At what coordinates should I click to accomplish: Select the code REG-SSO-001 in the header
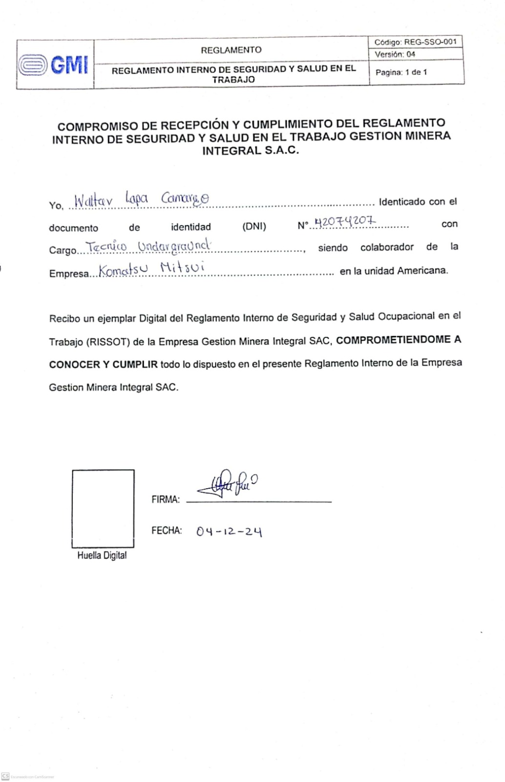pyautogui.click(x=430, y=42)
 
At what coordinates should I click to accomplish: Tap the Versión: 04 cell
pyautogui.click(x=395, y=54)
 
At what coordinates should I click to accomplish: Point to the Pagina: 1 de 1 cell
pyautogui.click(x=401, y=72)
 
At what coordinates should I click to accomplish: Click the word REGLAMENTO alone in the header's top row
pyautogui.click(x=231, y=50)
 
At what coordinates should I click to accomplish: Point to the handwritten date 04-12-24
pyautogui.click(x=229, y=531)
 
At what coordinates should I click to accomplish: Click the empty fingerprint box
pyautogui.click(x=103, y=508)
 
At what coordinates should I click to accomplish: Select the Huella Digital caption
pyautogui.click(x=102, y=555)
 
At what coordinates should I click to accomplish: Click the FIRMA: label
pyautogui.click(x=166, y=500)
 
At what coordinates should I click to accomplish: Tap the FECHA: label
pyautogui.click(x=167, y=530)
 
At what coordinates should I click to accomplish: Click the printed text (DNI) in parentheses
pyautogui.click(x=254, y=227)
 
